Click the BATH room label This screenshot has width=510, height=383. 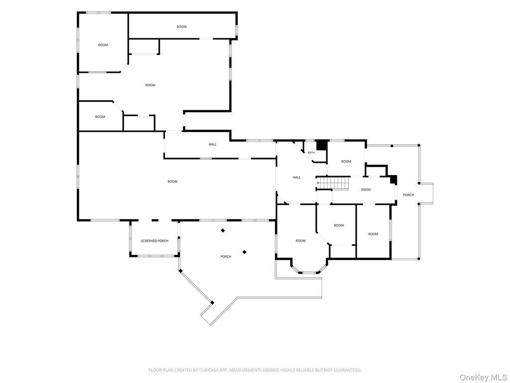click(x=311, y=153)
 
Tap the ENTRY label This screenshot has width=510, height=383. click(x=366, y=190)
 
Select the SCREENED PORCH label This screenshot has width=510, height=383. click(x=154, y=241)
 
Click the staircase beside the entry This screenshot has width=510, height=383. click(x=332, y=183)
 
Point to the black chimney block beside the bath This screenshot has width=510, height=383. click(x=322, y=145)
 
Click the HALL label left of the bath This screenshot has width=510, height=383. click(x=297, y=178)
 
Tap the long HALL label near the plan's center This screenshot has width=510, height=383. click(x=212, y=144)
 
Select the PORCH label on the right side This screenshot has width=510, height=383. click(x=408, y=195)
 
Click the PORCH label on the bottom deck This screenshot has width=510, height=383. click(x=226, y=257)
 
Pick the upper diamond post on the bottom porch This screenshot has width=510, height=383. click(x=223, y=230)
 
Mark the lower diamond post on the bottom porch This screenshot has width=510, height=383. click(x=244, y=252)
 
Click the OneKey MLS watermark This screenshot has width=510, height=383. click(x=483, y=378)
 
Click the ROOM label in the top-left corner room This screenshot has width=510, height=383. click(x=103, y=45)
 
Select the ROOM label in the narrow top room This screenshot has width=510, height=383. click(x=181, y=27)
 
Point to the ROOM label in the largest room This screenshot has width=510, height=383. click(x=172, y=182)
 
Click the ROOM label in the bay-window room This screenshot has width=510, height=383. click(x=300, y=241)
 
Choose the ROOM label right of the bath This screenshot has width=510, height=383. click(x=346, y=162)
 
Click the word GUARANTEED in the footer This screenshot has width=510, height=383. click(x=350, y=370)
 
